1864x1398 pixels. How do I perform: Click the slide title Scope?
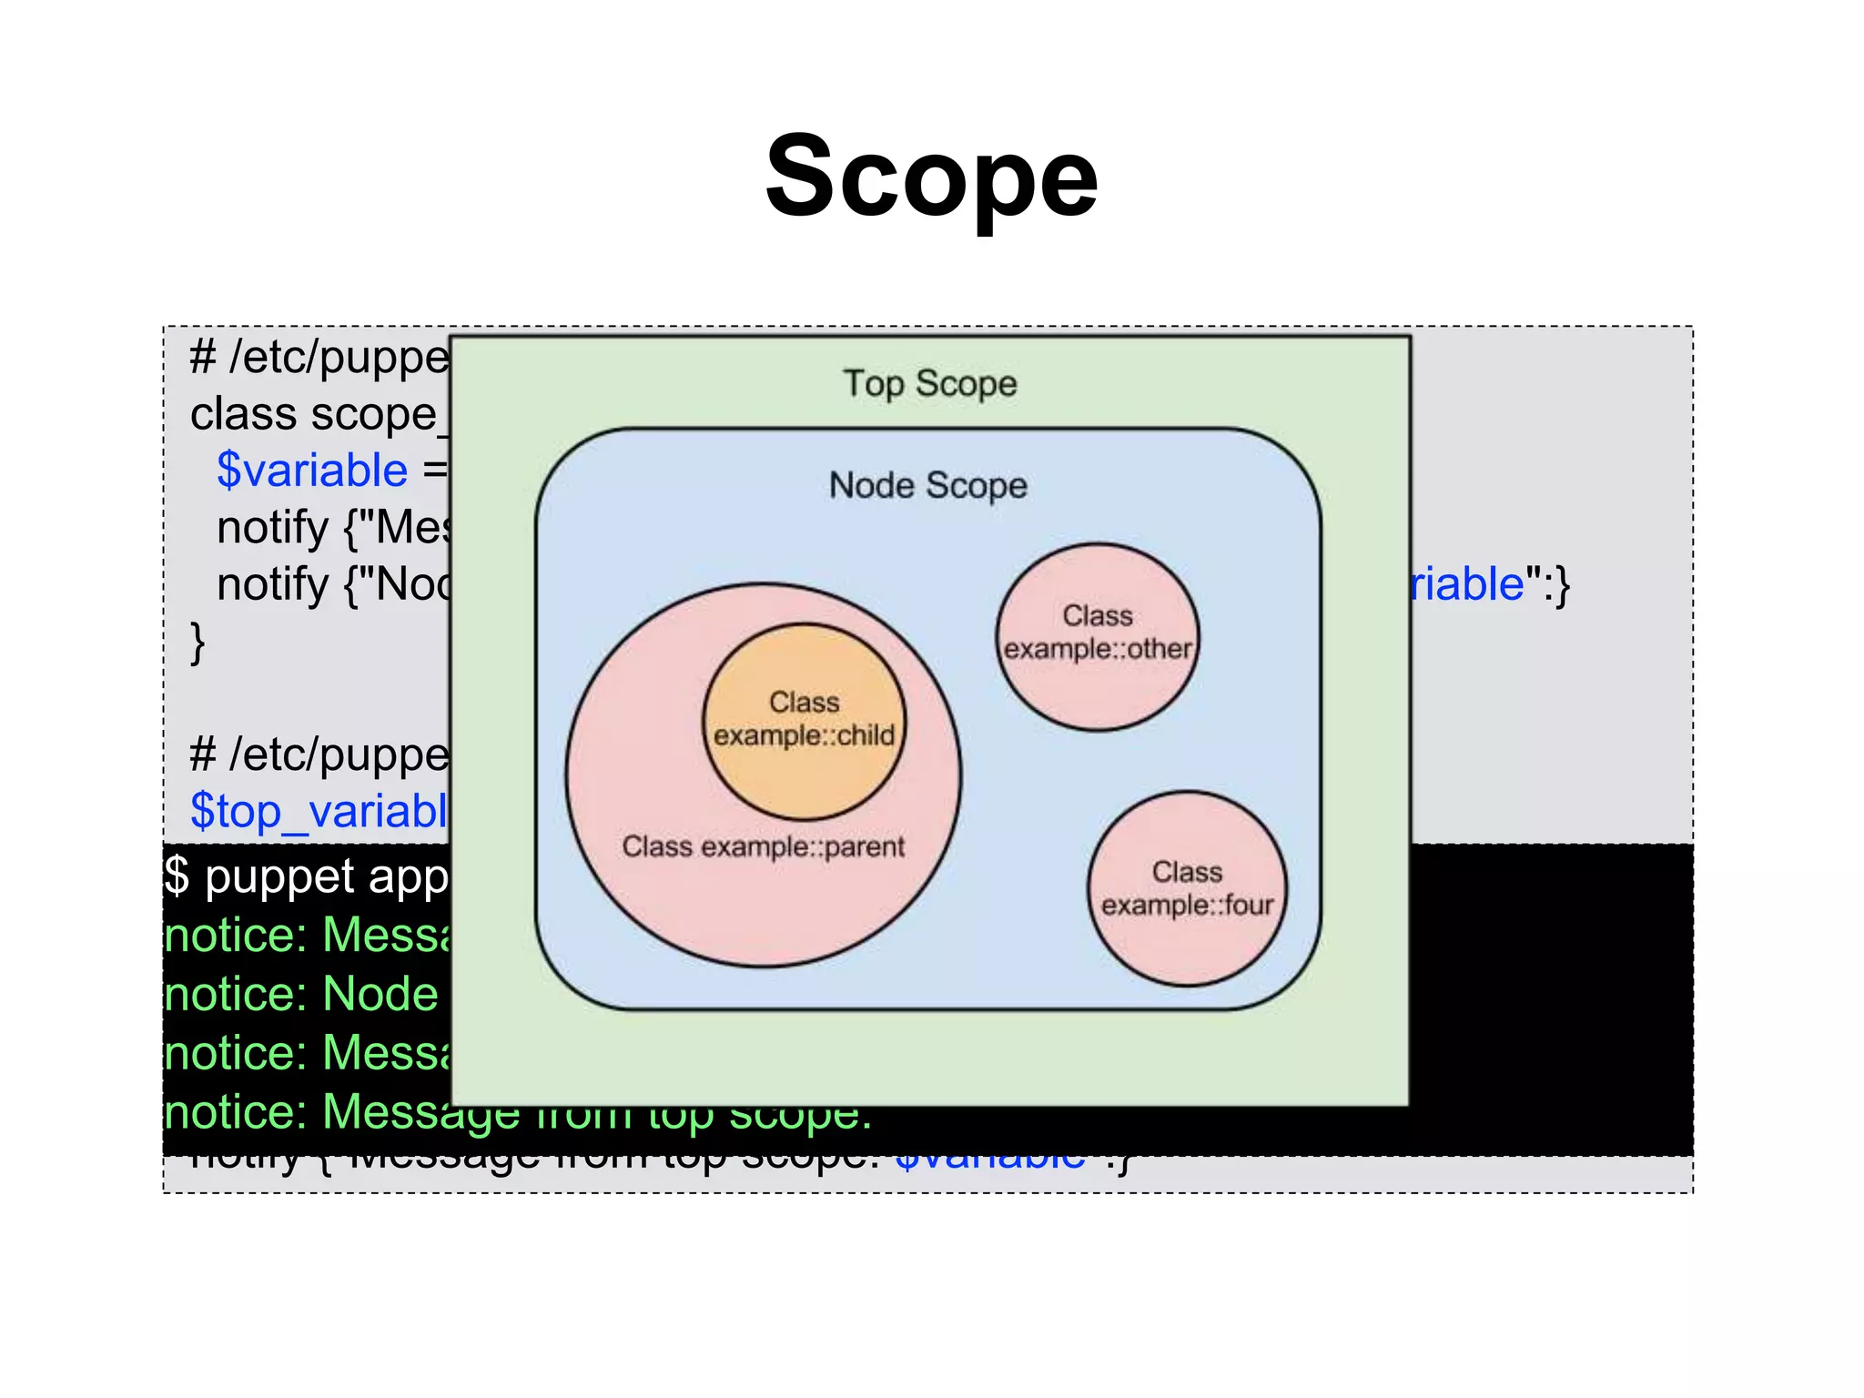931,177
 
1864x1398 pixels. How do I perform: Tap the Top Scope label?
929,383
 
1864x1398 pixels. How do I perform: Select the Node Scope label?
927,485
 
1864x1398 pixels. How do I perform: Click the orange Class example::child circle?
804,719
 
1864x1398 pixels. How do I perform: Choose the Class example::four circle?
1187,888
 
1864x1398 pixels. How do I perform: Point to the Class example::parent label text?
763,846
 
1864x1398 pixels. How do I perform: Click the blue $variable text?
312,471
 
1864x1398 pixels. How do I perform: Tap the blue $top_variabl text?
319,810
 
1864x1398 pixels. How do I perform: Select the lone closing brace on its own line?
198,642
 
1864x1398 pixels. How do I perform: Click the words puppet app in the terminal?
326,876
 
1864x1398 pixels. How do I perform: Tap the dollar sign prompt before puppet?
177,876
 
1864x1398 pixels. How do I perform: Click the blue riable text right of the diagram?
1466,583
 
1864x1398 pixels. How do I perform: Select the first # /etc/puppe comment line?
319,357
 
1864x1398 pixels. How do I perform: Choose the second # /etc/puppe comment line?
319,754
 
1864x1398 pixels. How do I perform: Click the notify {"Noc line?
333,583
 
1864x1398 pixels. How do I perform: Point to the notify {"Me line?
333,527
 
